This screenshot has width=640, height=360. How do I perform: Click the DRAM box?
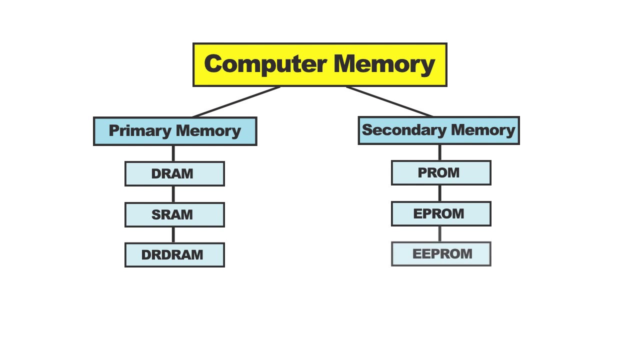point(174,174)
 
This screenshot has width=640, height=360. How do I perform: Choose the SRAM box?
point(174,215)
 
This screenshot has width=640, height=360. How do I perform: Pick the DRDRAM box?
point(174,255)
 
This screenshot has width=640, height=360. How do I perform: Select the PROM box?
point(441,173)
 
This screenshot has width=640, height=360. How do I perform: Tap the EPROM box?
point(441,214)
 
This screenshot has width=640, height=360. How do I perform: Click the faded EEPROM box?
point(441,254)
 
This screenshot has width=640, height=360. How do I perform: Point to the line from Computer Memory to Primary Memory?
point(236,102)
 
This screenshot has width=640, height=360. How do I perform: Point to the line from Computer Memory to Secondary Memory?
point(389,101)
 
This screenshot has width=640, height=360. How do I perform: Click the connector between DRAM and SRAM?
point(173,194)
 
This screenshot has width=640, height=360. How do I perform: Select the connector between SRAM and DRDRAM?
point(173,234)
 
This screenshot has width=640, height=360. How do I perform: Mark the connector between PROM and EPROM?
point(440,193)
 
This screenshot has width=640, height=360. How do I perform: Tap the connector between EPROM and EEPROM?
point(440,233)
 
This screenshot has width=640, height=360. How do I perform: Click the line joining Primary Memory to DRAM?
point(173,153)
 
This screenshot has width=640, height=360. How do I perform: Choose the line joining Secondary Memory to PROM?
point(440,152)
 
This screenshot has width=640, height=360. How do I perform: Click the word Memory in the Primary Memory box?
point(208,131)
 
